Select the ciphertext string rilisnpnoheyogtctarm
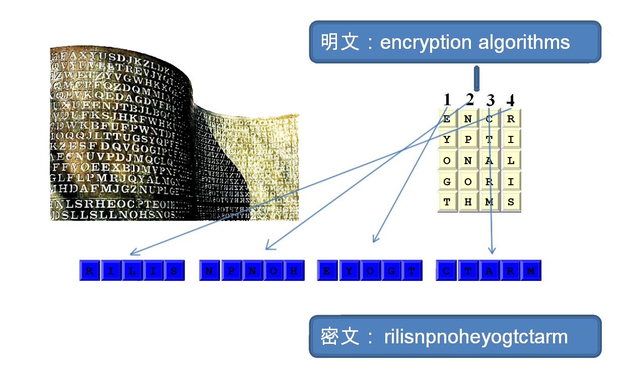pyautogui.click(x=475, y=336)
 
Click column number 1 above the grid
pyautogui.click(x=447, y=100)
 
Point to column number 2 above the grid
pyautogui.click(x=469, y=100)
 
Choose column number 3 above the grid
pyautogui.click(x=491, y=100)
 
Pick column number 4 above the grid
pyautogui.click(x=510, y=100)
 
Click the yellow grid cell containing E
pyautogui.click(x=447, y=119)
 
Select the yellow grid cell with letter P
pyautogui.click(x=468, y=140)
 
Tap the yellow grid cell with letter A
pyautogui.click(x=490, y=161)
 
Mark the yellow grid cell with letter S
pyautogui.click(x=511, y=202)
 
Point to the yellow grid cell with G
pyautogui.click(x=447, y=182)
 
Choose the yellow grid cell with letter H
pyautogui.click(x=468, y=202)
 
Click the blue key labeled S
pyautogui.click(x=174, y=271)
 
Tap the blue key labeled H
pyautogui.click(x=295, y=271)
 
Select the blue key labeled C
pyautogui.click(x=446, y=271)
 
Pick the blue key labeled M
pyautogui.click(x=531, y=271)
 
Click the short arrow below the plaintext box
pyautogui.click(x=476, y=78)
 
